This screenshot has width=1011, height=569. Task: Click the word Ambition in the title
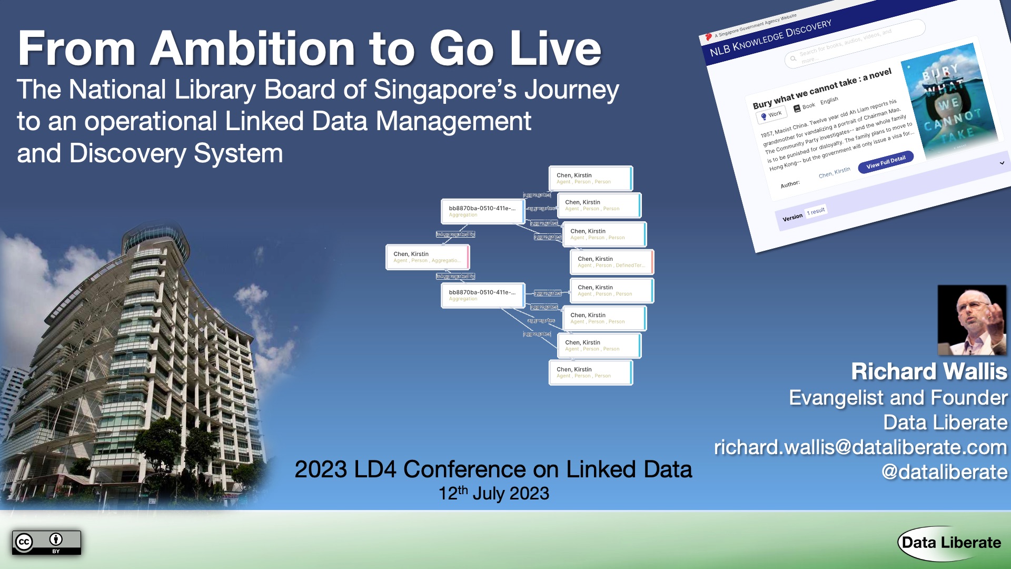tap(253, 48)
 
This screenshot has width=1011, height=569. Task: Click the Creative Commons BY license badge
tap(46, 543)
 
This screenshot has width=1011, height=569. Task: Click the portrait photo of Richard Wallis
tap(972, 320)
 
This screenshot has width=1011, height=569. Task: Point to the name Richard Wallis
tap(929, 371)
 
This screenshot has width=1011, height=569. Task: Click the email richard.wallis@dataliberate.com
tap(860, 447)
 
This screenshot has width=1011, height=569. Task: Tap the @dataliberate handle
tap(944, 472)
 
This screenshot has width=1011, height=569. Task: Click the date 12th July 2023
tap(493, 494)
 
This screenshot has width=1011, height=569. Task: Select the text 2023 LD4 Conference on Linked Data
tap(493, 469)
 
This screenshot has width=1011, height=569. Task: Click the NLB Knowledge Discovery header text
tap(770, 38)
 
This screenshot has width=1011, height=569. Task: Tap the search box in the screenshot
tap(853, 45)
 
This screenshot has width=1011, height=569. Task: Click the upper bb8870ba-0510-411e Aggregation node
tap(482, 211)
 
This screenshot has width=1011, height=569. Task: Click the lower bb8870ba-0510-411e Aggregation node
tap(482, 295)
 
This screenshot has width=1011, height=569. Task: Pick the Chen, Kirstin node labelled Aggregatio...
tap(427, 257)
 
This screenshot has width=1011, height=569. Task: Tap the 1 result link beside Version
tap(816, 212)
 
